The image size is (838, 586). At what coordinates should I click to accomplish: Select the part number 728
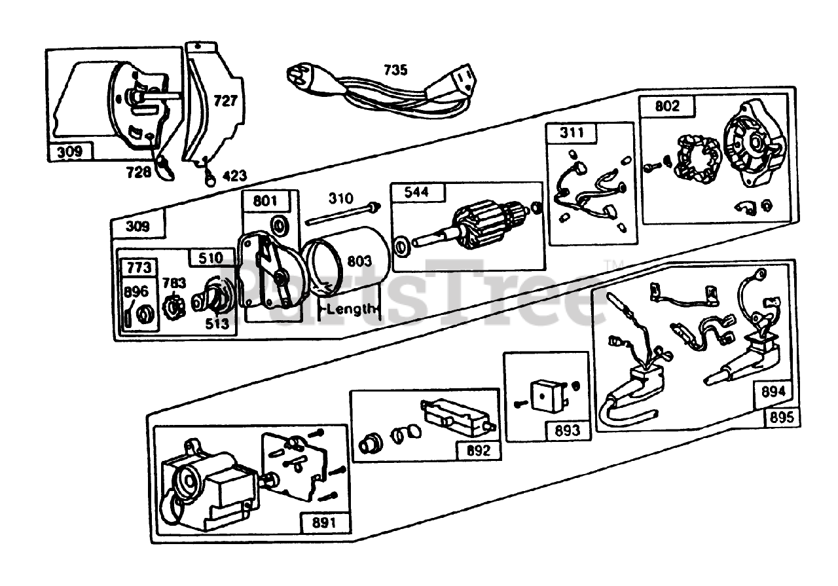(139, 172)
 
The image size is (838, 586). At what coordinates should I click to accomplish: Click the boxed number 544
(418, 193)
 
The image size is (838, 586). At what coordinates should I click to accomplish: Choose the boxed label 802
(667, 106)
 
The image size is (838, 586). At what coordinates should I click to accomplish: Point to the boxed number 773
(138, 267)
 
